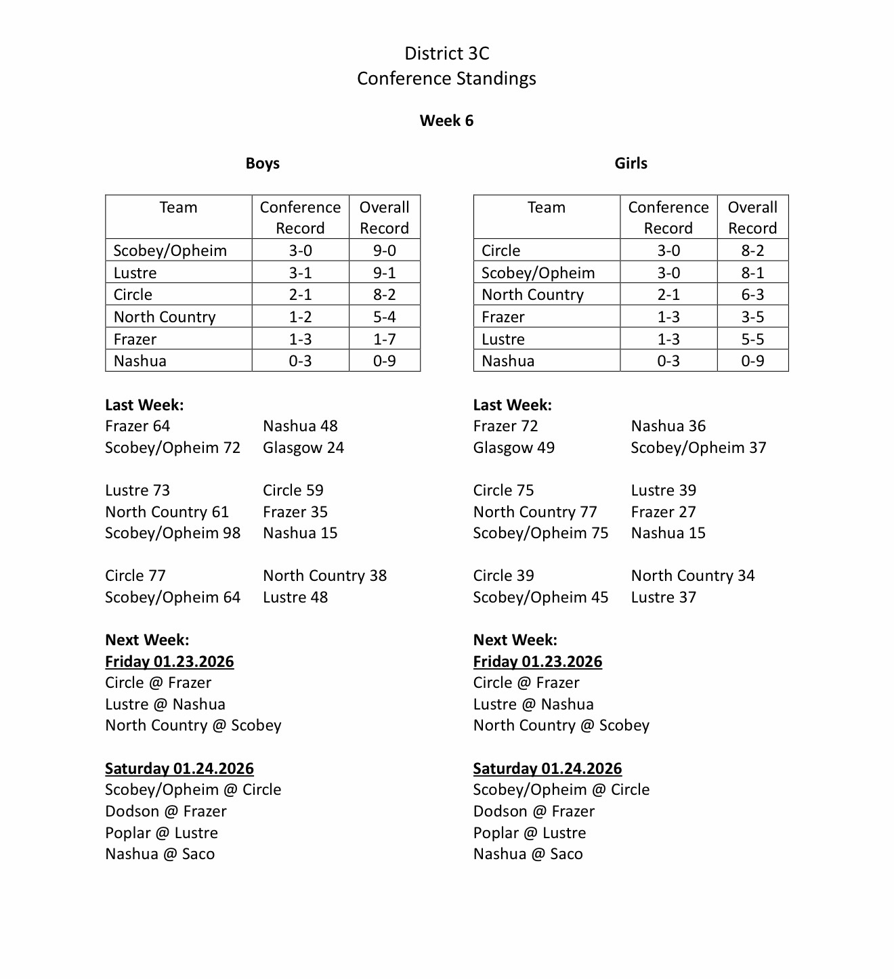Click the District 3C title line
tap(446, 53)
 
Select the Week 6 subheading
tap(446, 121)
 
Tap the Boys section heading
tap(262, 163)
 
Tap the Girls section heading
tap(631, 163)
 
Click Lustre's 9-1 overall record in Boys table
tap(384, 273)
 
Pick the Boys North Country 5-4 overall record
tap(384, 317)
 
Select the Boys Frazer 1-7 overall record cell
tap(384, 339)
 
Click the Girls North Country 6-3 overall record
tap(752, 295)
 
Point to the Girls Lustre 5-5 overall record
tap(752, 339)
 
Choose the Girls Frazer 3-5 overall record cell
tap(752, 317)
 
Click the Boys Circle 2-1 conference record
tap(300, 295)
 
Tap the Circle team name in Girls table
tap(501, 251)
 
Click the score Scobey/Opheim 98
tap(173, 533)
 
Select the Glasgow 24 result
tap(303, 448)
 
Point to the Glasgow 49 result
tap(513, 448)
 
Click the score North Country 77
tap(535, 512)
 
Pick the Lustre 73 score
tap(137, 490)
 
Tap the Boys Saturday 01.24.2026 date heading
tap(179, 768)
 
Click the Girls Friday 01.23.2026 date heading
tap(537, 661)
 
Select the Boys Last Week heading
tap(144, 405)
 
